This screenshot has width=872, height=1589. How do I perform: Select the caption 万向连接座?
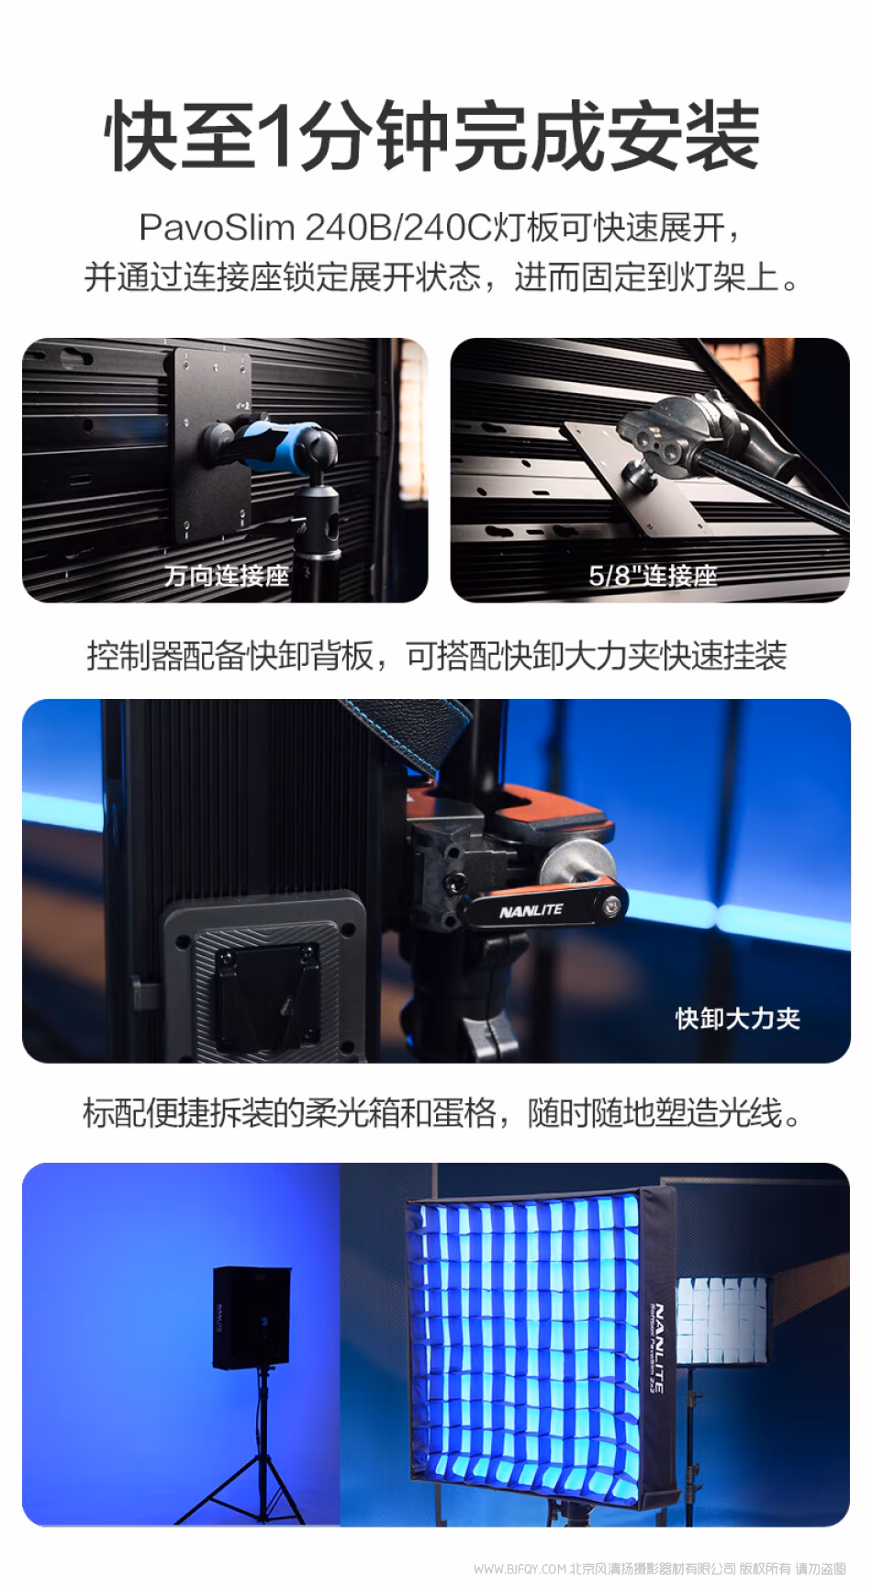(227, 576)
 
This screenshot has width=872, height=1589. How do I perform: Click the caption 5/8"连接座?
(653, 576)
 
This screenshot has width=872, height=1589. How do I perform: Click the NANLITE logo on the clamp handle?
(531, 911)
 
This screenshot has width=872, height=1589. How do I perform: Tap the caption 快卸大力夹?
(738, 1018)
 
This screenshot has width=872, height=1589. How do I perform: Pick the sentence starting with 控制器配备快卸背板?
(437, 656)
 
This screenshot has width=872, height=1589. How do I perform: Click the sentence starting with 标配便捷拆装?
(442, 1112)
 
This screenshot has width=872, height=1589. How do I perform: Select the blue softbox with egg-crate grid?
(542, 1347)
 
